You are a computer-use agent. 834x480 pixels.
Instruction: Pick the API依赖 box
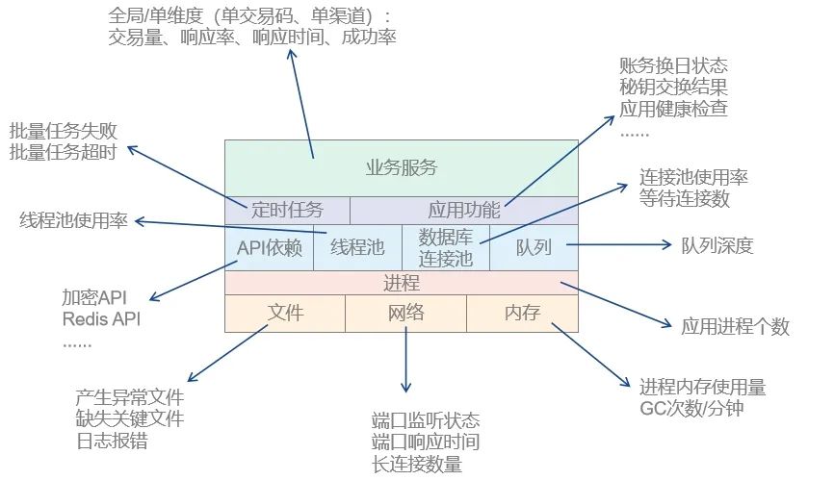click(270, 247)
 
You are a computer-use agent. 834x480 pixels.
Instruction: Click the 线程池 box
click(357, 247)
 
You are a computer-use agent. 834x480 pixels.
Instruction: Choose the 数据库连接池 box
click(446, 247)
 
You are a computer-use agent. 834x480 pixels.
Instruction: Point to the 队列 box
click(534, 247)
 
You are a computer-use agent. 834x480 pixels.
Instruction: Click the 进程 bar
click(402, 283)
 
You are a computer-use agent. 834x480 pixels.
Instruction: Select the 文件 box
click(285, 313)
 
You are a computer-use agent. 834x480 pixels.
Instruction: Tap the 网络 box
click(405, 313)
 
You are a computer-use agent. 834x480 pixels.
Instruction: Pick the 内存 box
click(522, 313)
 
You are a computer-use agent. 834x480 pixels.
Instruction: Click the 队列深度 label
click(717, 246)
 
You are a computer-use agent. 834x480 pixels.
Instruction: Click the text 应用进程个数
click(736, 327)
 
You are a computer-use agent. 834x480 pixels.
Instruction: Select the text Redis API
click(101, 319)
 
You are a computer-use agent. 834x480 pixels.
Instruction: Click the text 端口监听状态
click(425, 421)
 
